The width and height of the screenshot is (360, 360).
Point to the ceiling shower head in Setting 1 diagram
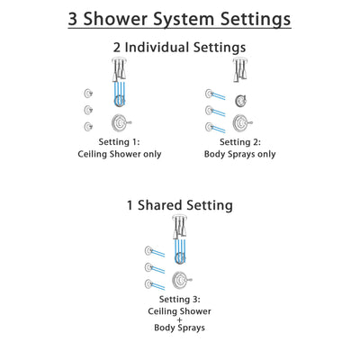point(118,69)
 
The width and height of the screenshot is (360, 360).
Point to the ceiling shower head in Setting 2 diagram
point(241,69)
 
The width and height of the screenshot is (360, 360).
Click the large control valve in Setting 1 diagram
point(117,123)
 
